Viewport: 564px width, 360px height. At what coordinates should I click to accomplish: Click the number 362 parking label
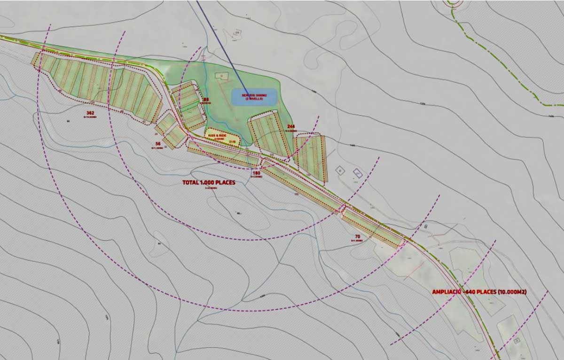tap(91, 113)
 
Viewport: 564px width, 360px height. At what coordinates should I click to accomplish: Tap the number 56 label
tap(158, 143)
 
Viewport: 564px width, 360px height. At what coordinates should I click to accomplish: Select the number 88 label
tap(206, 100)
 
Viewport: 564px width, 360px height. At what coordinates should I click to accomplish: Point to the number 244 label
tap(291, 127)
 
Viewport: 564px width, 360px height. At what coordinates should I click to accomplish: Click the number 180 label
tap(256, 173)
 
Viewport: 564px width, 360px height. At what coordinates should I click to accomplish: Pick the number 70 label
tap(357, 236)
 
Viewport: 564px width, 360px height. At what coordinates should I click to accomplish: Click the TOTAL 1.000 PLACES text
tap(209, 182)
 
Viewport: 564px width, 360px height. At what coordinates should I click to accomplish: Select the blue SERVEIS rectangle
tap(254, 96)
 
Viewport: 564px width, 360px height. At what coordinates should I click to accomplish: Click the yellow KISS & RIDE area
tap(222, 137)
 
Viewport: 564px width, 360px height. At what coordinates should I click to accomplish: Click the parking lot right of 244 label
tap(310, 157)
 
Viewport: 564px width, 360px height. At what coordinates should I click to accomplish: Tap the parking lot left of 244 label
tap(268, 134)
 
